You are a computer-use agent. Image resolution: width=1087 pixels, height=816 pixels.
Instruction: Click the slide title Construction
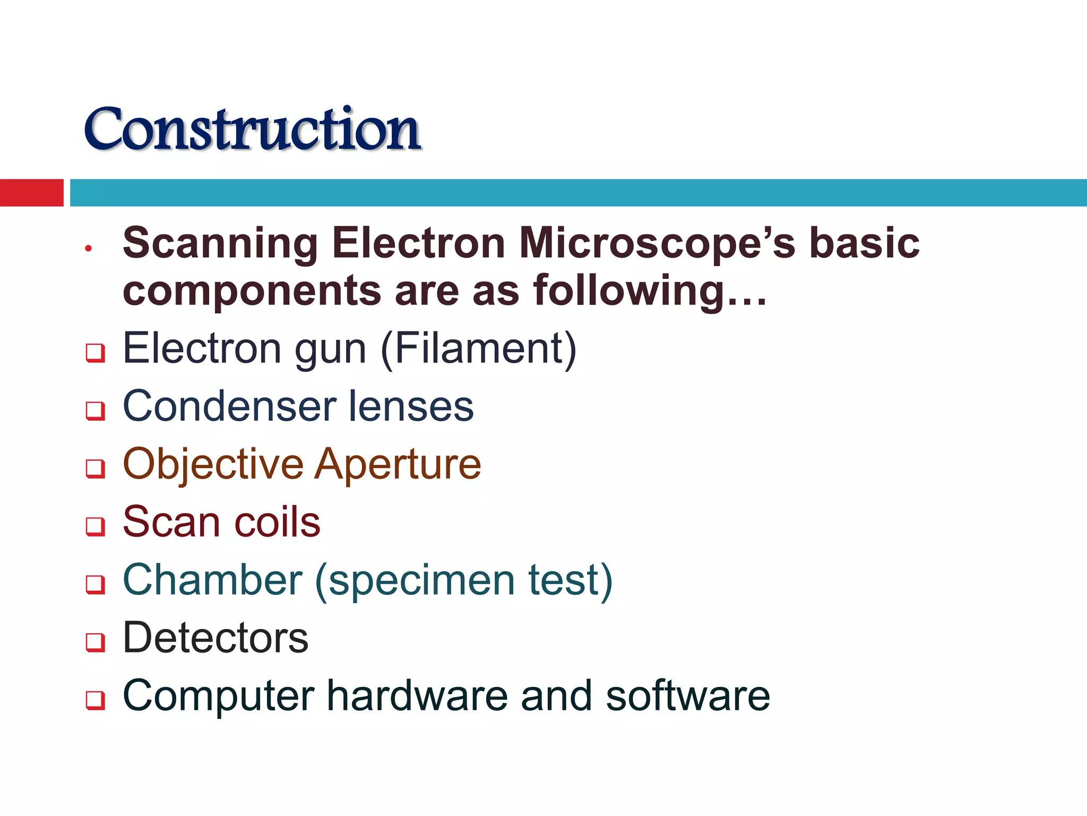[x=253, y=129]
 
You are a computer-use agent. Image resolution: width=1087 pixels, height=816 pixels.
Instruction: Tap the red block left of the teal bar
[x=31, y=192]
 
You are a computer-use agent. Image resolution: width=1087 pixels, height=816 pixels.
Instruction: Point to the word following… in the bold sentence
[x=650, y=291]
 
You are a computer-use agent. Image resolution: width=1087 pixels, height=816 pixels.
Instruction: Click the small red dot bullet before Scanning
[x=89, y=248]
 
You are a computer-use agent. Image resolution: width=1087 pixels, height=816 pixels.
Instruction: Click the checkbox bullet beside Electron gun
[x=96, y=353]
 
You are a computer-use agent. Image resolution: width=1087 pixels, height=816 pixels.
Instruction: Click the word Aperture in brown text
[x=398, y=464]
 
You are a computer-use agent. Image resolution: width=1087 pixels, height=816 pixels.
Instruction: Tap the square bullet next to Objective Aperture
[x=96, y=469]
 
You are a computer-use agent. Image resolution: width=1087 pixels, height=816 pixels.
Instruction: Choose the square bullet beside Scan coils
[x=96, y=526]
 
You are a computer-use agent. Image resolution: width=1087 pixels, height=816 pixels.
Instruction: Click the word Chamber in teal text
[x=212, y=580]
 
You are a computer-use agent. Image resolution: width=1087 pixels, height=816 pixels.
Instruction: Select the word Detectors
[x=215, y=637]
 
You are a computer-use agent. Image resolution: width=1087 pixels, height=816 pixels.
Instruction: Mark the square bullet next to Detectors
[x=96, y=642]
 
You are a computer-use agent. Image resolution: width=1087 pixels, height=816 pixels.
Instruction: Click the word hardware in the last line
[x=417, y=695]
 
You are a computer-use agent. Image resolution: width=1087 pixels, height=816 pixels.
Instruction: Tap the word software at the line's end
[x=687, y=695]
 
